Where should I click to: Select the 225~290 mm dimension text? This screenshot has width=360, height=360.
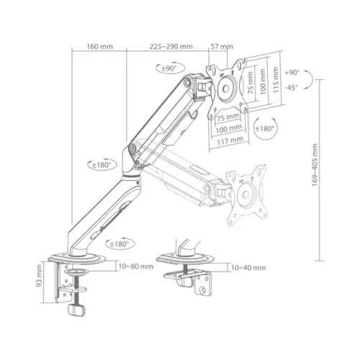pyautogui.click(x=171, y=47)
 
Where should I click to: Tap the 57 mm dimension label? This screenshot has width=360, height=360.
pyautogui.click(x=217, y=47)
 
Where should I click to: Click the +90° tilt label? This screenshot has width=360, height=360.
pyautogui.click(x=291, y=73)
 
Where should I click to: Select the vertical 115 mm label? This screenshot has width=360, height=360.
pyautogui.click(x=274, y=75)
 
